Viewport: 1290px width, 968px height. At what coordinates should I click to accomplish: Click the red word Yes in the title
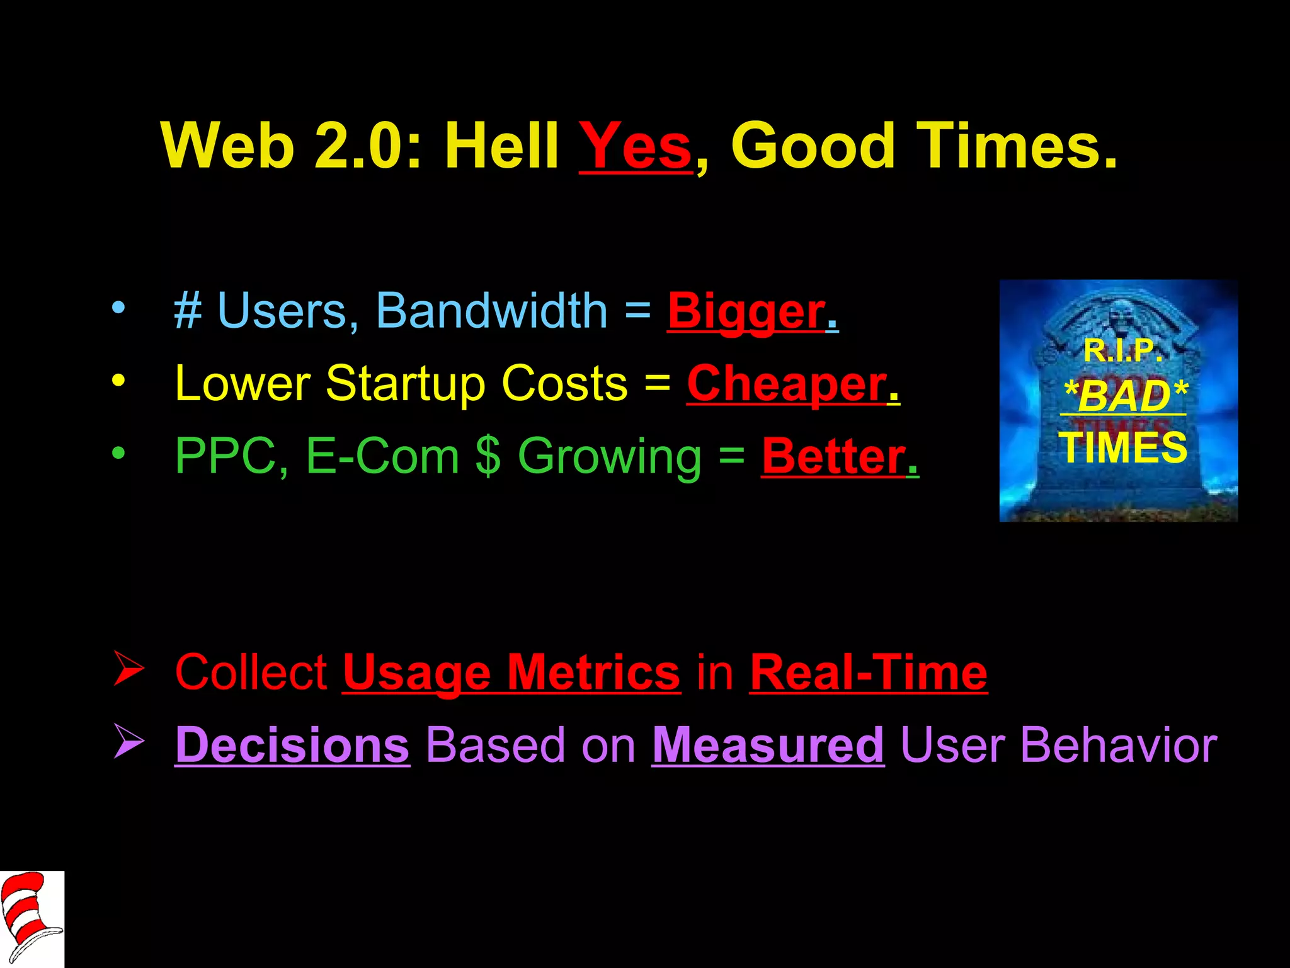635,146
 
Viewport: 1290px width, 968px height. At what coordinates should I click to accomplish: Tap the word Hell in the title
501,146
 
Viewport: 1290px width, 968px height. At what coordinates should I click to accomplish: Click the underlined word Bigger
747,312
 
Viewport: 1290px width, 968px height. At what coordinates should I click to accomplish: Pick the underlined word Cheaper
787,384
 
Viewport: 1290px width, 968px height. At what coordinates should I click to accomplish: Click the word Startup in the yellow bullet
406,384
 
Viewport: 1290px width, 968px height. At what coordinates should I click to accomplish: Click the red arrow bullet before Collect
129,669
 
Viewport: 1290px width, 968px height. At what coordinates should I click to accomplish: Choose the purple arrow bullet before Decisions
129,742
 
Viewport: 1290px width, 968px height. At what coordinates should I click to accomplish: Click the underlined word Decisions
292,745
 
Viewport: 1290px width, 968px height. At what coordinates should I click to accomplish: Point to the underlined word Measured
768,745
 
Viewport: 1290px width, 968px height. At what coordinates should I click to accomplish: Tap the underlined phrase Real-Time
869,672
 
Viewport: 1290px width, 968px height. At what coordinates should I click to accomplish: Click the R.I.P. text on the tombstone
1122,350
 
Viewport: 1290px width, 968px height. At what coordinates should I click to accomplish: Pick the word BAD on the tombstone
1124,396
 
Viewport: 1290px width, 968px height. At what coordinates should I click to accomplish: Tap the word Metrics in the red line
593,672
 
